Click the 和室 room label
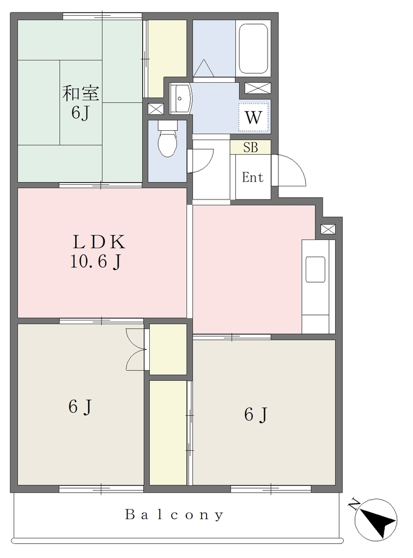coord(81,93)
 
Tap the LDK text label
coord(99,242)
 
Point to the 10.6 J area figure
coord(96,262)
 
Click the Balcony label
coord(174,514)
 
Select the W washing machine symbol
coord(253,118)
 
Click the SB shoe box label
coord(251,147)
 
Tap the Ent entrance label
coord(253,177)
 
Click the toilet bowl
coord(168,139)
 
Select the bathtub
coord(253,48)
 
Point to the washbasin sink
coord(181,99)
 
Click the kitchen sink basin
coord(315,269)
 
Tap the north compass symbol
coord(376,520)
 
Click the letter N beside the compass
coord(354,504)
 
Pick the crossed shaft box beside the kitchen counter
coord(328,229)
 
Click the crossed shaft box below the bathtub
coord(258,88)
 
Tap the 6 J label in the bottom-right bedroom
coord(256,415)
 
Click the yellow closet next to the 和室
coord(167,58)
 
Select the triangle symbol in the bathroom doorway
coord(204,68)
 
